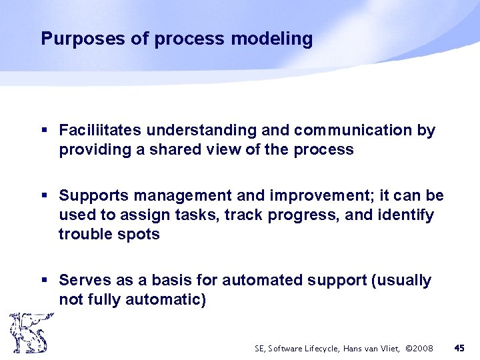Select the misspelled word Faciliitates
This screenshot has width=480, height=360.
pyautogui.click(x=101, y=131)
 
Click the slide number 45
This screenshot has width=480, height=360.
pyautogui.click(x=459, y=348)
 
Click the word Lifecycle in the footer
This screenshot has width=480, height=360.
pyautogui.click(x=322, y=348)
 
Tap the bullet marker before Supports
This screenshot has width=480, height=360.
pyautogui.click(x=44, y=197)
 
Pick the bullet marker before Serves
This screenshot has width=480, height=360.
pyautogui.click(x=44, y=281)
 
